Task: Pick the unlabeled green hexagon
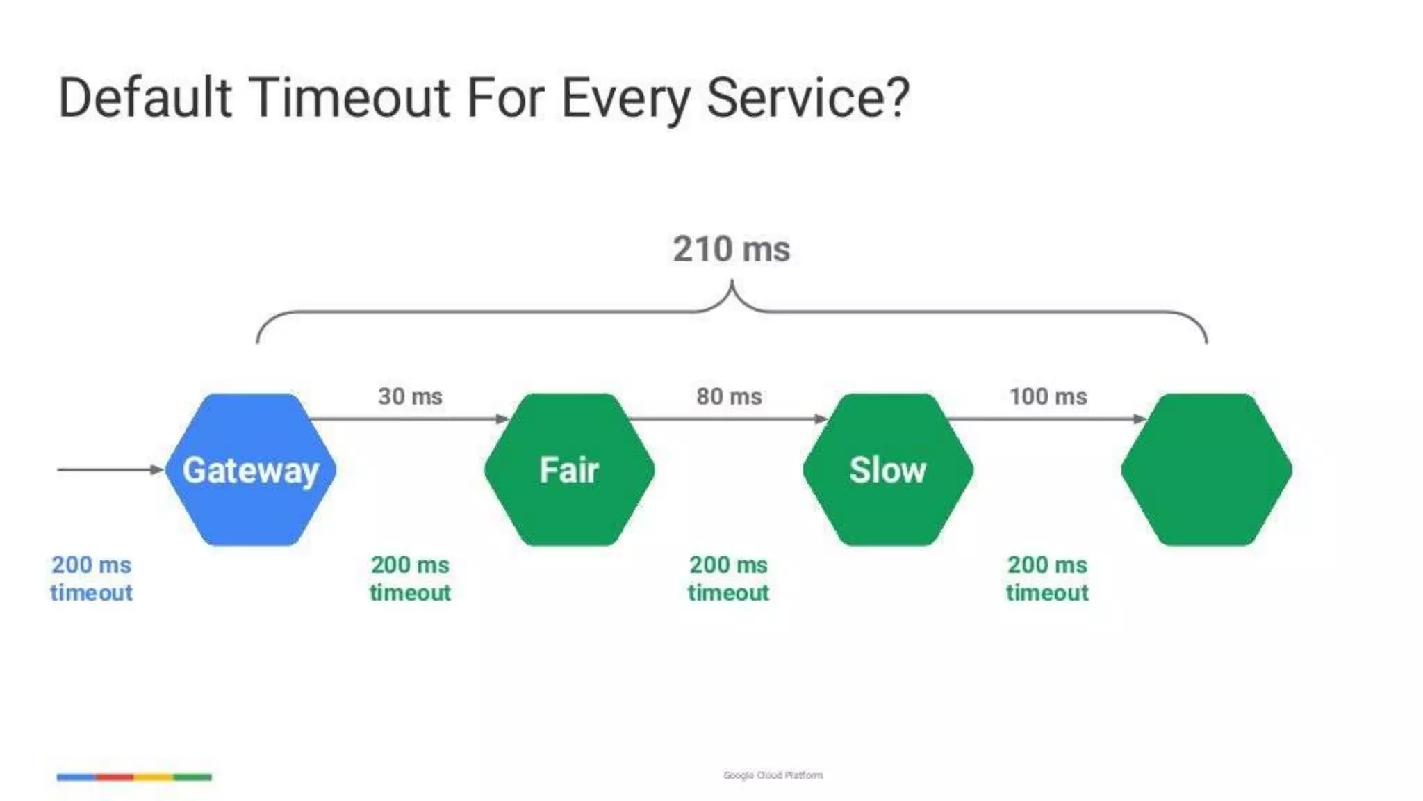point(1206,470)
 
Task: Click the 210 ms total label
point(731,249)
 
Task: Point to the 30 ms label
point(410,396)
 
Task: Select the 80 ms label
point(729,396)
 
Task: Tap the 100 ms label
point(1048,396)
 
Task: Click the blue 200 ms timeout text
point(91,578)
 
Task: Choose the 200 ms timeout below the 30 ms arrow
point(410,578)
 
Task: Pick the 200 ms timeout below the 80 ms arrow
point(728,578)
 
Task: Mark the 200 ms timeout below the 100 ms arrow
point(1047,578)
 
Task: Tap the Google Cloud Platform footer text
point(773,775)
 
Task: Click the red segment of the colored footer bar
point(115,777)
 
